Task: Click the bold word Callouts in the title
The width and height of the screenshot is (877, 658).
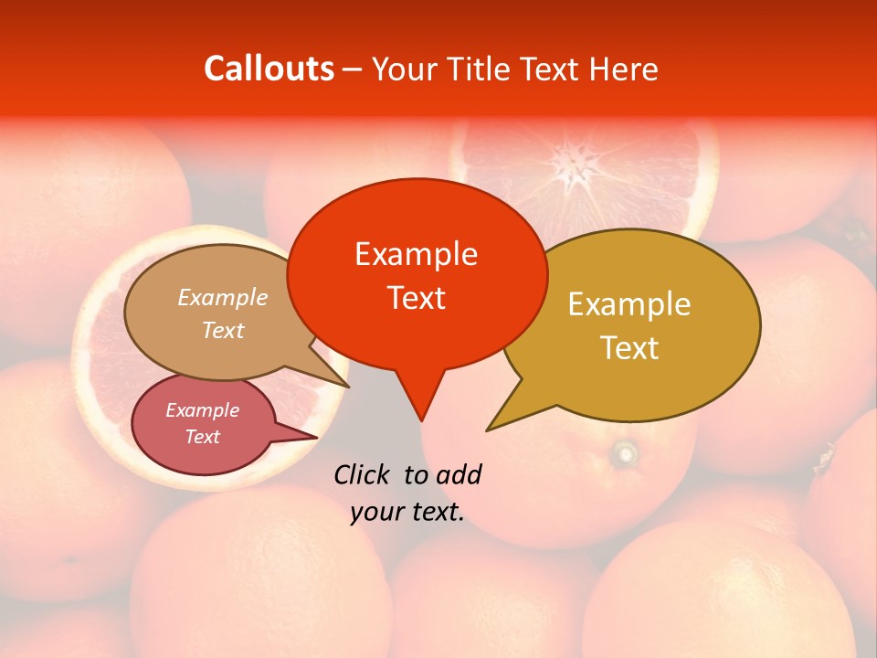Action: pyautogui.click(x=269, y=69)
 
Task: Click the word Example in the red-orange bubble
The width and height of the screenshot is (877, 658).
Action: pyautogui.click(x=416, y=254)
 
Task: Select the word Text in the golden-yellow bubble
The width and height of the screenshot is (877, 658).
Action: pyautogui.click(x=629, y=348)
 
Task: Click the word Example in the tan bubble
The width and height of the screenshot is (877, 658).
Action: pyautogui.click(x=223, y=298)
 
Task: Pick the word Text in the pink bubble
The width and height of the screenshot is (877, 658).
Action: pyautogui.click(x=203, y=437)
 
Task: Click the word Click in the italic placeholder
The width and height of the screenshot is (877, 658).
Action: pyautogui.click(x=363, y=474)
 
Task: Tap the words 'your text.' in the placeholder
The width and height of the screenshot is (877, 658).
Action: pyautogui.click(x=407, y=513)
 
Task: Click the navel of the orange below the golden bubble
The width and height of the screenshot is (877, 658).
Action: pyautogui.click(x=625, y=452)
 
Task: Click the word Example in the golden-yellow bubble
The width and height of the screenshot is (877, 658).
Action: pyautogui.click(x=629, y=304)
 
